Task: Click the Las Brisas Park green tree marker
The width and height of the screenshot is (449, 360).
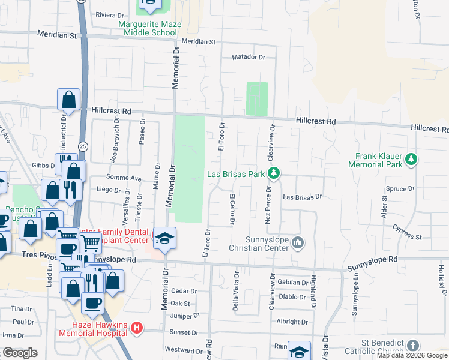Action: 274,173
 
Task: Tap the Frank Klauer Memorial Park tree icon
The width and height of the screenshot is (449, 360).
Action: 411,159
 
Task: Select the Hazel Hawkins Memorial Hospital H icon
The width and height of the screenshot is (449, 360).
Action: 137,328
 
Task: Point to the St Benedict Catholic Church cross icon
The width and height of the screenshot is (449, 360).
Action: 412,346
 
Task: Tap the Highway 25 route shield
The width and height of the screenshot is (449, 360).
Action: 82,145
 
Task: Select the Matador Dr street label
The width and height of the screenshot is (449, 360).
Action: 249,58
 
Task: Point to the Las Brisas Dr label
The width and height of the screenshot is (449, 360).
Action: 303,197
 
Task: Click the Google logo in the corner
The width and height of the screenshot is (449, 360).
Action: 20,353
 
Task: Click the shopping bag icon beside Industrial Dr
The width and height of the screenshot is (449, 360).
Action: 68,100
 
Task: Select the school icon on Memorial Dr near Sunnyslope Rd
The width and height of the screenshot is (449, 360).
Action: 164,238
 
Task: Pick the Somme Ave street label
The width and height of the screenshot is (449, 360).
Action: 123,178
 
